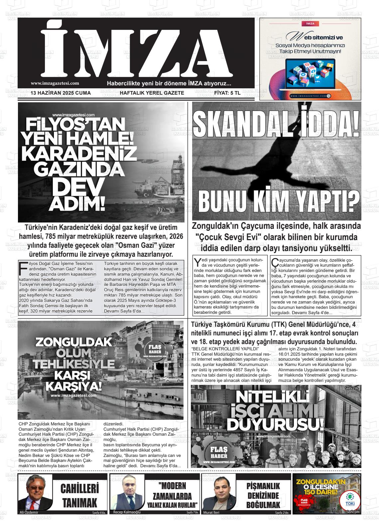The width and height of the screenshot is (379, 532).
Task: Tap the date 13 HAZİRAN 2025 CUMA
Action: [x=61, y=93]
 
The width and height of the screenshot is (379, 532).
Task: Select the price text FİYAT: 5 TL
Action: [x=227, y=93]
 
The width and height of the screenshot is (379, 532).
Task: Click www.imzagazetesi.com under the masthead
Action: [x=55, y=83]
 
